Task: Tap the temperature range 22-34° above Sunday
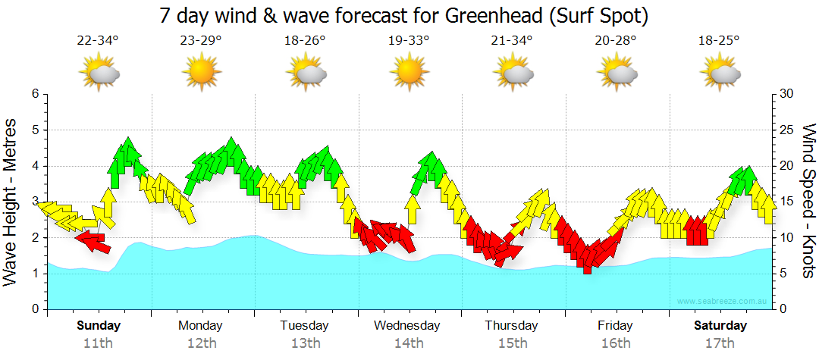[98, 41]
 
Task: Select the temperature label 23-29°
[201, 41]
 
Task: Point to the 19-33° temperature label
[408, 41]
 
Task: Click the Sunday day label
[99, 326]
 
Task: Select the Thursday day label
[512, 326]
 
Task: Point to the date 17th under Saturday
[720, 343]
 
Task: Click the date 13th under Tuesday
[305, 343]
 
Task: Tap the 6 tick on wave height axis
[35, 94]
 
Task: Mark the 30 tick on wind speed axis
[786, 94]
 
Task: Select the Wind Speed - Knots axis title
[807, 202]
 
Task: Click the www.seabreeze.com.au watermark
[724, 302]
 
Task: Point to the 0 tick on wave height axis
[35, 309]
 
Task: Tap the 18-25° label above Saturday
[719, 41]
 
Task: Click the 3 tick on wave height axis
[35, 202]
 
